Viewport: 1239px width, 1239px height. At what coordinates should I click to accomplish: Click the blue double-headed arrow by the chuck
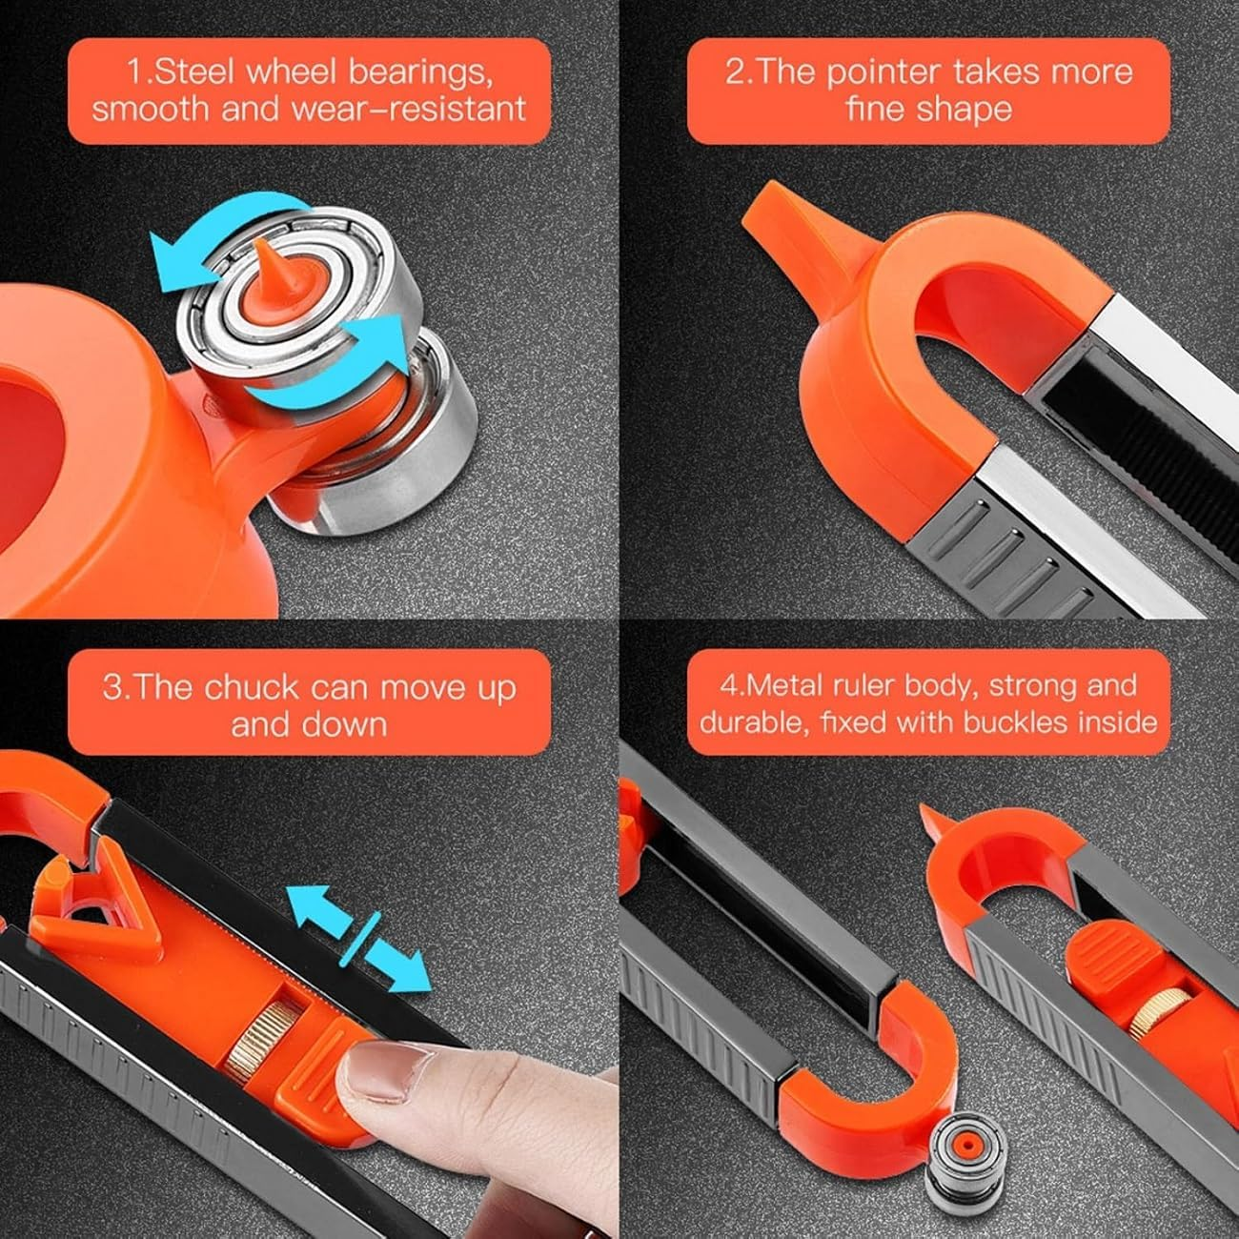(358, 939)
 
